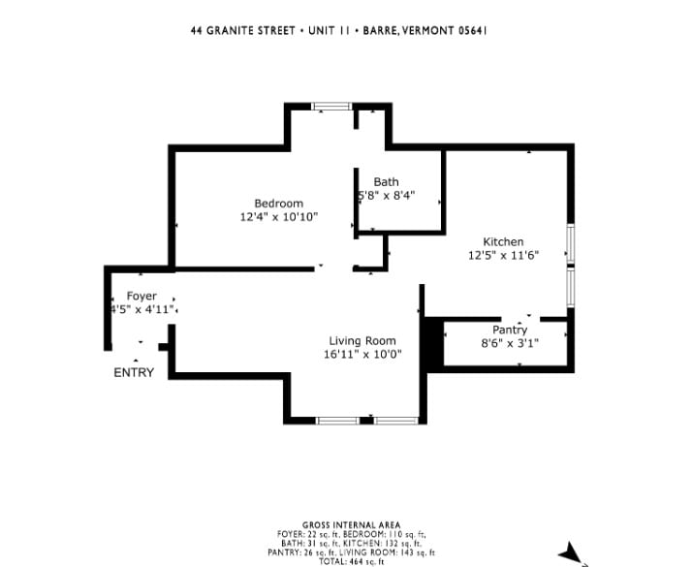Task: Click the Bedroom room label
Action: [x=279, y=204]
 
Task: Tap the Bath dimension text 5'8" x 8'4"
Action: [x=386, y=195]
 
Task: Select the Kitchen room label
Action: [x=504, y=241]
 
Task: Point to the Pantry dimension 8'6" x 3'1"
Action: [x=510, y=343]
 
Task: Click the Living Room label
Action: [x=362, y=341]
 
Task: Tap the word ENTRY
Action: [x=134, y=373]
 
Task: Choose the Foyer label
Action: [x=142, y=296]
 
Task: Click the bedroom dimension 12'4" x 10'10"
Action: [x=279, y=217]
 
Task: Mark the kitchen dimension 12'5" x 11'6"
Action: [x=504, y=256]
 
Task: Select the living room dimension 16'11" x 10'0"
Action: [x=362, y=355]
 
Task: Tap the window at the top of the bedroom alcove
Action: [x=331, y=106]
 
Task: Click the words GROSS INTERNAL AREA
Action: [x=351, y=525]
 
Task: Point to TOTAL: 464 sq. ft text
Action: [x=351, y=562]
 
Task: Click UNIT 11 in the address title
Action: [x=330, y=30]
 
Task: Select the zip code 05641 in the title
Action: [x=473, y=30]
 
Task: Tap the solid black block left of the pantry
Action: [x=433, y=342]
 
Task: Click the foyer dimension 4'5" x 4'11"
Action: [x=142, y=309]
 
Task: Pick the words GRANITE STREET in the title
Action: [x=251, y=30]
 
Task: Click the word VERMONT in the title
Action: [x=428, y=30]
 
